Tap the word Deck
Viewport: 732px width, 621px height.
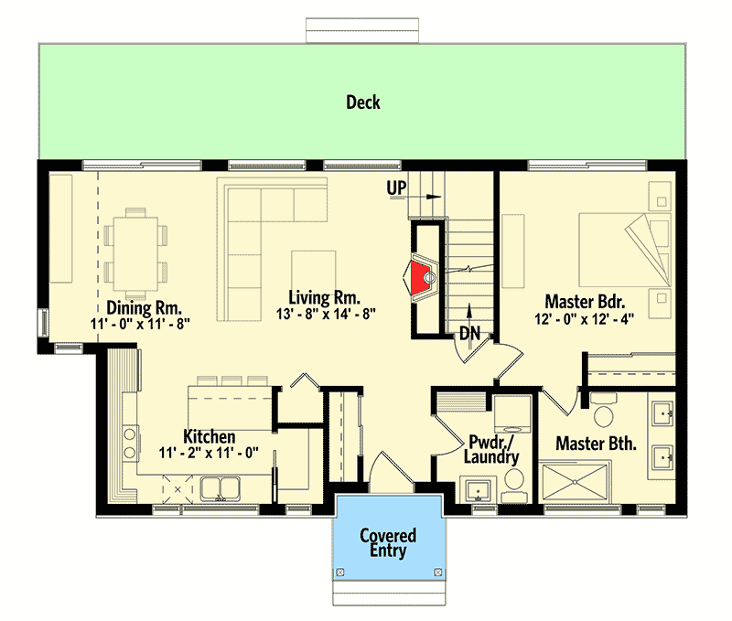363,102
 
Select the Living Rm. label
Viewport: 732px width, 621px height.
324,297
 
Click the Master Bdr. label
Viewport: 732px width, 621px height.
585,301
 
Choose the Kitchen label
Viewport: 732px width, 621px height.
210,436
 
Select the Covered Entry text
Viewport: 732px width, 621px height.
388,542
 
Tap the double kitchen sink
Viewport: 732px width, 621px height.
219,487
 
